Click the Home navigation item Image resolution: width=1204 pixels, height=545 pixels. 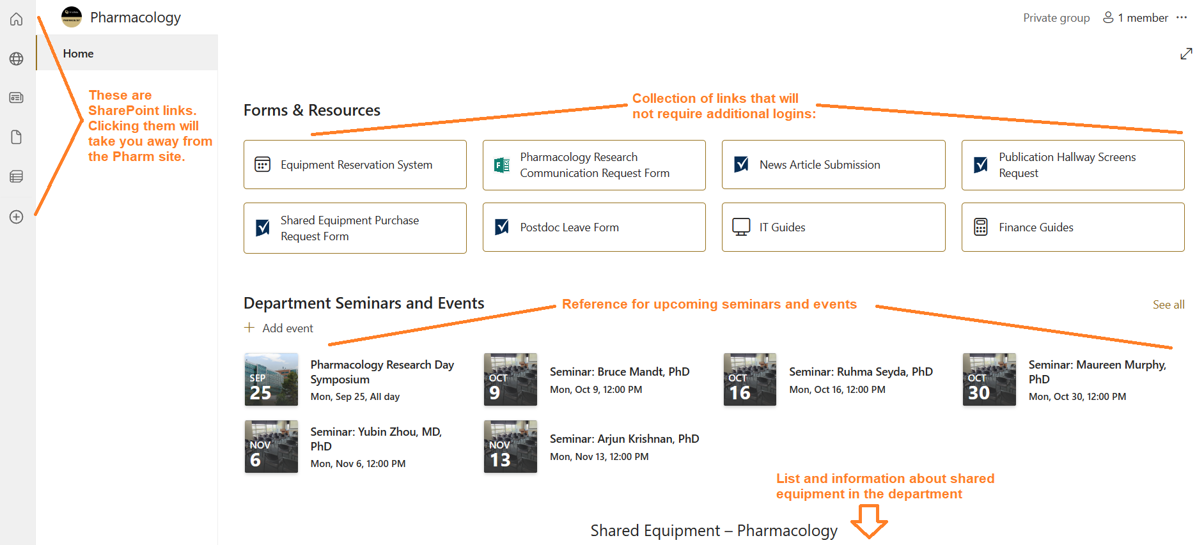click(x=79, y=54)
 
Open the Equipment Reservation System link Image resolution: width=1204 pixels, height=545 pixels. click(x=356, y=165)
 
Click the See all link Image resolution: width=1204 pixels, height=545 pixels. click(x=1168, y=305)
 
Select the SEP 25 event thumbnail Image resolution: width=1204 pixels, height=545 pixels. click(x=271, y=380)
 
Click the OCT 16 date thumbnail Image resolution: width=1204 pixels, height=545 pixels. click(x=749, y=380)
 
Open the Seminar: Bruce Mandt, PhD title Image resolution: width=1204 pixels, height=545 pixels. click(x=619, y=372)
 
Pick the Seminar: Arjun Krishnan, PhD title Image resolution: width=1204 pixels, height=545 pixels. click(x=624, y=439)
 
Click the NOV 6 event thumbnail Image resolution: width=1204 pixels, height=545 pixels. click(x=271, y=447)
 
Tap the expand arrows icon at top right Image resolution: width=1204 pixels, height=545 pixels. click(x=1186, y=54)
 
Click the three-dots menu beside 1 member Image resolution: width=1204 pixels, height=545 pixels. click(x=1182, y=18)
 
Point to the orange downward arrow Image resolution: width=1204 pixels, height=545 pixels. click(x=869, y=521)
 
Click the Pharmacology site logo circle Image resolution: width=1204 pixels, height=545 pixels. click(x=72, y=17)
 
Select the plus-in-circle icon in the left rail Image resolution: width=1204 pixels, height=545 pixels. click(x=17, y=217)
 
